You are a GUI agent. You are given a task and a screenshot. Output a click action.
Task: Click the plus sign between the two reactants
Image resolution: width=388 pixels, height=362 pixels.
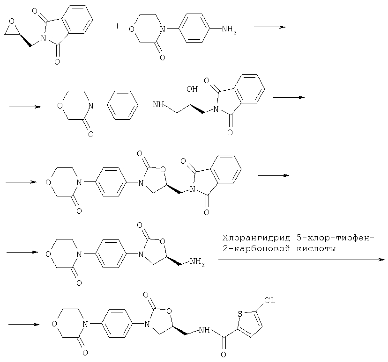pyautogui.click(x=117, y=26)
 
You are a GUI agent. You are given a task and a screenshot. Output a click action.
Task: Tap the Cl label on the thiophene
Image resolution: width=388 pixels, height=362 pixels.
pyautogui.click(x=269, y=301)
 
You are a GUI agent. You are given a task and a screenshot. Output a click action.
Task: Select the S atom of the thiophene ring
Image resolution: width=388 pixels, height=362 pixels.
pyautogui.click(x=239, y=314)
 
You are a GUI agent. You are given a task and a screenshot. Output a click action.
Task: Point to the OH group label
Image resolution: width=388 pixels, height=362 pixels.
pyautogui.click(x=192, y=89)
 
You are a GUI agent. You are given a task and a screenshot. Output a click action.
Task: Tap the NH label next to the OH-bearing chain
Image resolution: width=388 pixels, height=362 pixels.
pyautogui.click(x=158, y=105)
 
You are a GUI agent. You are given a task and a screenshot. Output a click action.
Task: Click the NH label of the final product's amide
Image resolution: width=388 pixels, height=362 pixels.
pyautogui.click(x=204, y=330)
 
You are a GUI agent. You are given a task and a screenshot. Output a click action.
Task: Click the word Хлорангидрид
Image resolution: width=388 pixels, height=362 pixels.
pyautogui.click(x=256, y=238)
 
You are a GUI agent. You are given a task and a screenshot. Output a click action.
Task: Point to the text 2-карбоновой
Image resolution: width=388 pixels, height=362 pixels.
pyautogui.click(x=256, y=249)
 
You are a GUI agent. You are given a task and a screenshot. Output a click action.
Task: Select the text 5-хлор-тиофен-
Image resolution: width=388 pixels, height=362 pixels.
pyautogui.click(x=335, y=238)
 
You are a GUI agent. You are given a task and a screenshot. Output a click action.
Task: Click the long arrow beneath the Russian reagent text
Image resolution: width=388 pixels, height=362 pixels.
pyautogui.click(x=302, y=260)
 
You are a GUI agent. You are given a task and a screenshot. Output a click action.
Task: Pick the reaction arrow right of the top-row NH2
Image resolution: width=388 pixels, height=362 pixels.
pyautogui.click(x=270, y=27)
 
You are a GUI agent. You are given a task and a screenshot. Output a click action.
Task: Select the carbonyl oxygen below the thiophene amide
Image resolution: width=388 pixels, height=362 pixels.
pyautogui.click(x=223, y=355)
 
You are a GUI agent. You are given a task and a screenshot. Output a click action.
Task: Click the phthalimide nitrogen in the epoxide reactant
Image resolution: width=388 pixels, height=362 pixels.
pyautogui.click(x=44, y=38)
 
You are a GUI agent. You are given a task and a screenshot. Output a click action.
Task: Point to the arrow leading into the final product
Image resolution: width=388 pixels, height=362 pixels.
pyautogui.click(x=24, y=324)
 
